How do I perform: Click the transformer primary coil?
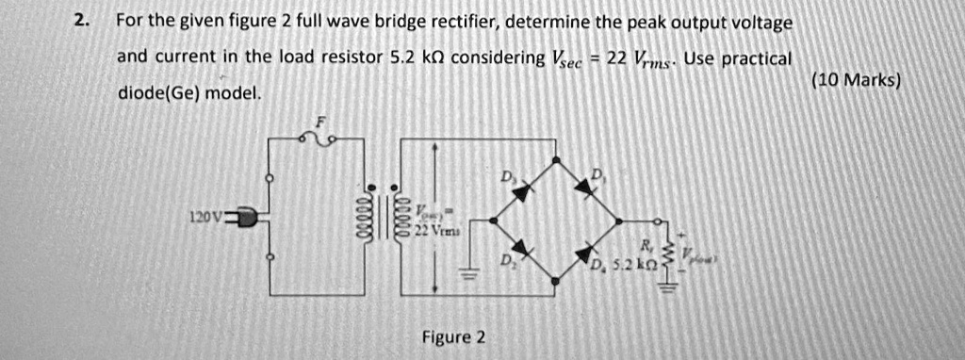point(359,218)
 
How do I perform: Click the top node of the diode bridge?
point(555,157)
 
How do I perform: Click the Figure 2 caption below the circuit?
point(454,337)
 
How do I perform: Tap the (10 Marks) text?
point(856,81)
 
